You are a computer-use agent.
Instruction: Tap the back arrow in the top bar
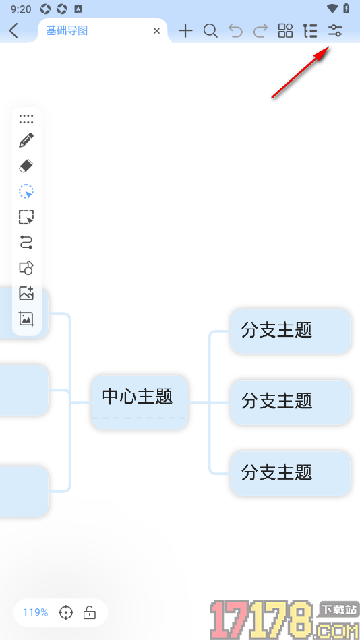click(x=14, y=30)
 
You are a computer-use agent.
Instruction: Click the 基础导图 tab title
click(x=67, y=30)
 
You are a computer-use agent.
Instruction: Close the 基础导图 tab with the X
click(x=157, y=30)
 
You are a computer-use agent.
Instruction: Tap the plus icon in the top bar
click(x=185, y=30)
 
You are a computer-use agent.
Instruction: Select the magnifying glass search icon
click(x=210, y=30)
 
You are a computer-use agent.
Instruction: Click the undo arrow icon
click(x=235, y=30)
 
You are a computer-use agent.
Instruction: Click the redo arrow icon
click(x=260, y=30)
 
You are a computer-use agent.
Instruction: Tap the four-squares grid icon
click(x=286, y=30)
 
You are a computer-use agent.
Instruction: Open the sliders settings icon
click(x=335, y=30)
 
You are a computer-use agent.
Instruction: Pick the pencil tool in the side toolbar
click(x=26, y=141)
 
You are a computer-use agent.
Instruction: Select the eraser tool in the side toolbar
click(x=26, y=166)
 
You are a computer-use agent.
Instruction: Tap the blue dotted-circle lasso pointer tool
click(x=26, y=191)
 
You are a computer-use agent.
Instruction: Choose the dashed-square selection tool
click(x=26, y=217)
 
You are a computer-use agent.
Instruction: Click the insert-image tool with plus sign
click(x=26, y=293)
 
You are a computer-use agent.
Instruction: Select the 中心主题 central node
click(x=139, y=396)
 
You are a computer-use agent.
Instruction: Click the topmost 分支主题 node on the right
click(x=290, y=330)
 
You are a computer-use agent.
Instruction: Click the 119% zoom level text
click(x=36, y=612)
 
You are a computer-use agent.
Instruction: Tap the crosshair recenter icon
click(x=66, y=612)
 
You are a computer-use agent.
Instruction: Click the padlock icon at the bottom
click(x=89, y=612)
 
